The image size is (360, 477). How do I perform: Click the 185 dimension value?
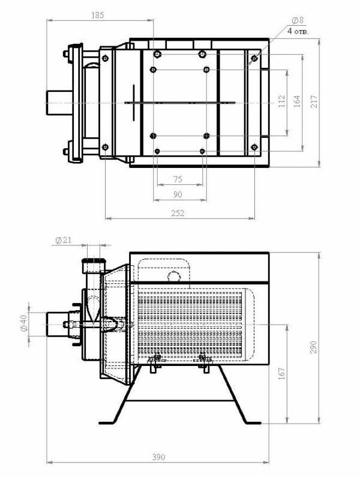[97, 15]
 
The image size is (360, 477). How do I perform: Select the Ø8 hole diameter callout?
[298, 20]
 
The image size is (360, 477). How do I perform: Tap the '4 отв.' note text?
[298, 31]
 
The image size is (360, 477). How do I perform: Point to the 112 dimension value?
[282, 101]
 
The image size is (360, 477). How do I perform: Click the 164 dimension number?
[297, 101]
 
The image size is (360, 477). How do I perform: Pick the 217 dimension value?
[314, 101]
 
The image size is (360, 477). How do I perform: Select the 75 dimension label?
[178, 179]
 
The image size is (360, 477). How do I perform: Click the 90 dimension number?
[178, 194]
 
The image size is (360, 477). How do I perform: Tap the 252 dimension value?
[178, 213]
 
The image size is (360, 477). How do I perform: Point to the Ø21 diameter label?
[64, 241]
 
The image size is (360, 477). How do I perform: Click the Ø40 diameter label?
[23, 323]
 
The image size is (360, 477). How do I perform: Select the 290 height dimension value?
[313, 347]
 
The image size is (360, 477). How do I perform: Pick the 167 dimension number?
[282, 373]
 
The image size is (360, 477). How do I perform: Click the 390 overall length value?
[158, 457]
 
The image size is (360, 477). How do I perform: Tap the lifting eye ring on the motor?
[175, 276]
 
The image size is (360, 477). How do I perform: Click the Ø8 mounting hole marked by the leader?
[254, 58]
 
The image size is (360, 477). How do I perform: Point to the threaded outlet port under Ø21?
[94, 266]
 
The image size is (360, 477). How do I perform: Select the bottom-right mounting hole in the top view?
[254, 148]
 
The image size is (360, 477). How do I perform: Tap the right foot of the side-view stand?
[253, 423]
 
